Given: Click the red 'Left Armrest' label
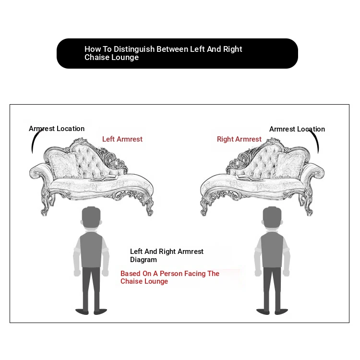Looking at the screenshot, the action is [x=122, y=139].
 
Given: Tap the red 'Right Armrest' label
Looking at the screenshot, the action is [x=239, y=139].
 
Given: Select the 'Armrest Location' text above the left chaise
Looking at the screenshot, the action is [x=57, y=129].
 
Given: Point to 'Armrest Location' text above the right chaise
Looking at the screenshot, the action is [x=297, y=129].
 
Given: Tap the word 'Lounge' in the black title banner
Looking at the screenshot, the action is [x=125, y=58].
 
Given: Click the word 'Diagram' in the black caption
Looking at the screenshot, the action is [x=144, y=260].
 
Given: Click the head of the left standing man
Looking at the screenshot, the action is [x=91, y=217].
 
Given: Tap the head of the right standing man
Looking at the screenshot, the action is [x=272, y=217].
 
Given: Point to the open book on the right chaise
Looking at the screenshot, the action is [x=249, y=178].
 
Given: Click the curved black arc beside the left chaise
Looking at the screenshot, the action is [x=36, y=141].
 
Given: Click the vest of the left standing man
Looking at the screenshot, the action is [x=91, y=250].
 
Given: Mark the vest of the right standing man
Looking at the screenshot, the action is [x=272, y=250].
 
